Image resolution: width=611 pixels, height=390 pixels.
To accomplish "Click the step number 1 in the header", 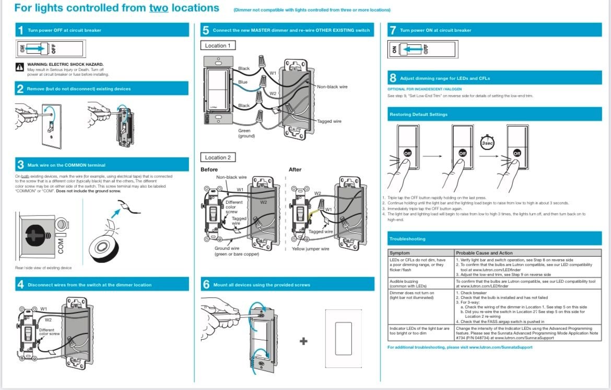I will click(x=20, y=30).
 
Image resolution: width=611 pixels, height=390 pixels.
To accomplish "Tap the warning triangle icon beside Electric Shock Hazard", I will click(x=20, y=66).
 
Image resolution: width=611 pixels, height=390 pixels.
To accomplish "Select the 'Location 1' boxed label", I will click(x=218, y=45).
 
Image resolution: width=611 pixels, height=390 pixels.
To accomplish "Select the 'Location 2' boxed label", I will click(x=218, y=157).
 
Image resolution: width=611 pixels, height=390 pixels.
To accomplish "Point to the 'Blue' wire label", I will click(x=243, y=82).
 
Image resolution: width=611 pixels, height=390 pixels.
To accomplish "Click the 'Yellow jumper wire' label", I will click(x=311, y=249).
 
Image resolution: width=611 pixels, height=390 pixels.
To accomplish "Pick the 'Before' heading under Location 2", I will click(x=209, y=169).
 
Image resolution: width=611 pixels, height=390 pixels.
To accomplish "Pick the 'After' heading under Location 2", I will click(x=295, y=169).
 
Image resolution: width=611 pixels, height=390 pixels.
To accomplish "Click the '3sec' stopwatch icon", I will click(x=487, y=142).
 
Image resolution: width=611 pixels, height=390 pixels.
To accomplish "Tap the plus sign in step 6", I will click(x=303, y=341).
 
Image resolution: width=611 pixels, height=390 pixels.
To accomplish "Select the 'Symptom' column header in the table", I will click(x=400, y=253).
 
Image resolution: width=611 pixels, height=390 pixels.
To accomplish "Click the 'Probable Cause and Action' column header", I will click(x=484, y=253).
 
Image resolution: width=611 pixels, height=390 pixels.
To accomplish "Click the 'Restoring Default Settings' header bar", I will click(x=494, y=114).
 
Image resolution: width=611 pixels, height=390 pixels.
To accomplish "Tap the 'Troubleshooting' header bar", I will click(x=494, y=239).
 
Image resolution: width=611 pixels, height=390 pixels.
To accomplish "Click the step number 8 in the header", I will click(x=393, y=78).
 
